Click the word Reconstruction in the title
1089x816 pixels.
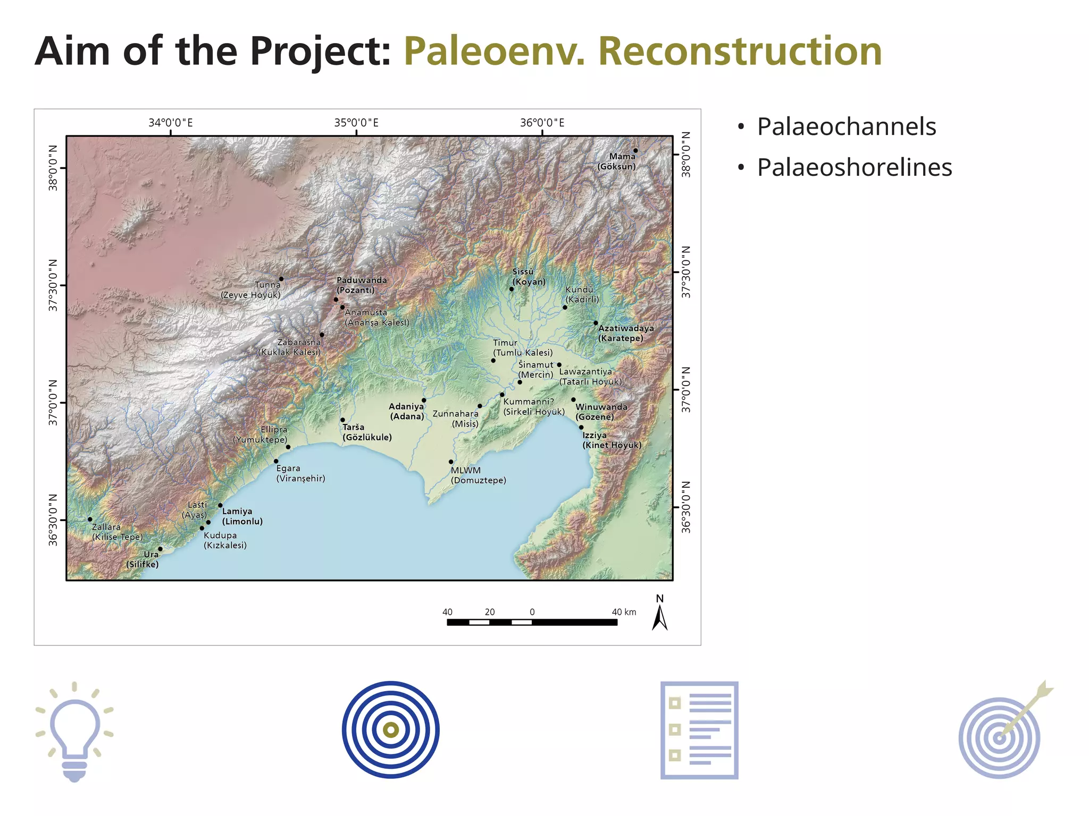(x=740, y=52)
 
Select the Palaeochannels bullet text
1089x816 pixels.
(x=846, y=127)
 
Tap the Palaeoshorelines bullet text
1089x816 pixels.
(x=854, y=168)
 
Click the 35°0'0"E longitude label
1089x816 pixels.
(x=356, y=123)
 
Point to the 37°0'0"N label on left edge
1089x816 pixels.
(x=53, y=402)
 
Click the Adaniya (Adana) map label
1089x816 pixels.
(x=407, y=411)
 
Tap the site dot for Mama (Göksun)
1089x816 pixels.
(x=635, y=150)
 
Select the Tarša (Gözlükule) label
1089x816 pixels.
(x=367, y=432)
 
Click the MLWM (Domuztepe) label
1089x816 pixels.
(x=478, y=475)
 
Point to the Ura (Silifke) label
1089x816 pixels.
(x=143, y=559)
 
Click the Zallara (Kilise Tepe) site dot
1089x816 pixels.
(x=90, y=519)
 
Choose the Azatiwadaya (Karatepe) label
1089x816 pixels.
(x=625, y=333)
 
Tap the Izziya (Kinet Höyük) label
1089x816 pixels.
(x=611, y=440)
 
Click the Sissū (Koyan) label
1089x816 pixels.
(x=529, y=277)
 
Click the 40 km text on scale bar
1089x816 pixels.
(x=623, y=612)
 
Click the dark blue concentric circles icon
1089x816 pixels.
(x=391, y=730)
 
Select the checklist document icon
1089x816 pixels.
(x=699, y=730)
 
